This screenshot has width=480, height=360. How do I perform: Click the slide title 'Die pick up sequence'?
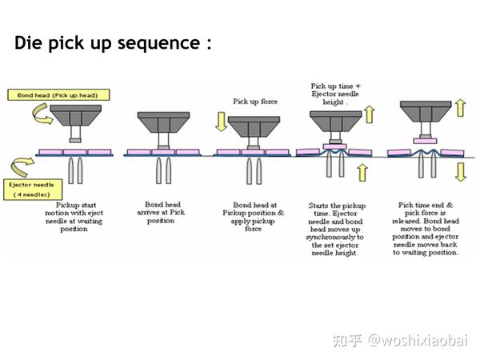pyautogui.click(x=113, y=42)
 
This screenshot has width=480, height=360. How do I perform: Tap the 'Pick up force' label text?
pyautogui.click(x=254, y=102)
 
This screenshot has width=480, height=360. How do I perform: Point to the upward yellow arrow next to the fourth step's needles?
pyautogui.click(x=362, y=171)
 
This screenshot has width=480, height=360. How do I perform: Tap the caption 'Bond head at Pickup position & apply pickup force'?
pyautogui.click(x=252, y=216)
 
